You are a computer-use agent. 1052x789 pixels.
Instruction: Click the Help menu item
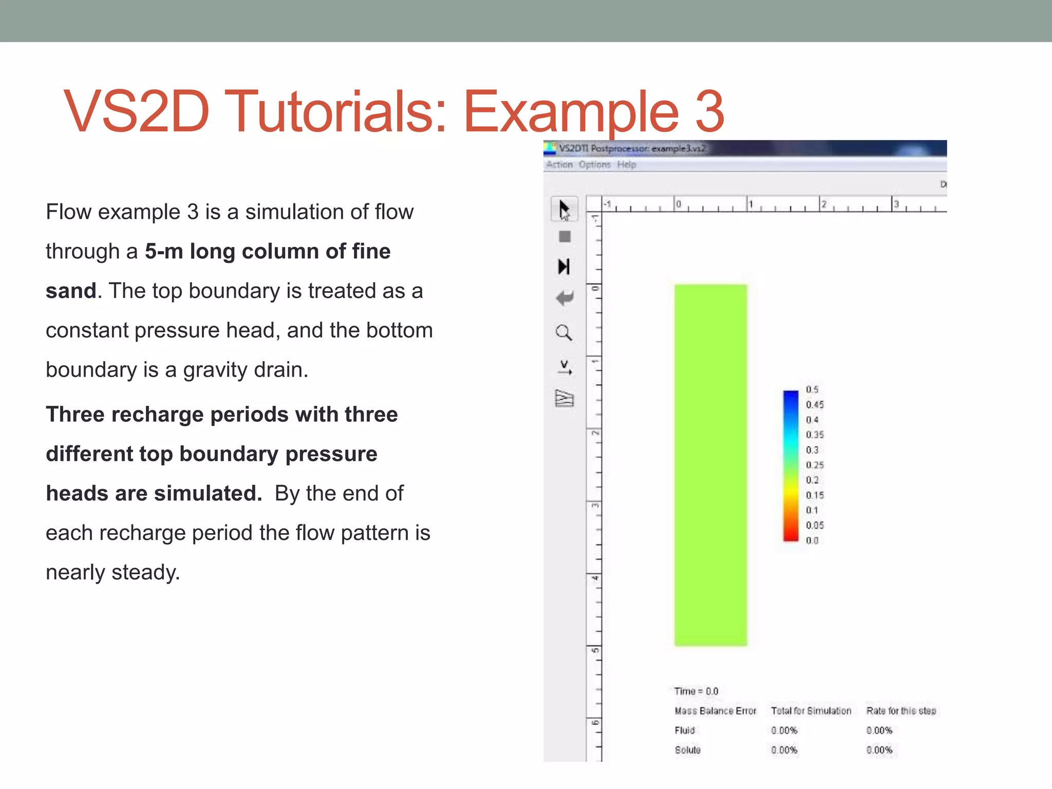pyautogui.click(x=626, y=165)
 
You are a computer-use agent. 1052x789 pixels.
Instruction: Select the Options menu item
pyautogui.click(x=594, y=165)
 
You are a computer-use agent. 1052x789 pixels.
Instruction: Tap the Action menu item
pyautogui.click(x=559, y=165)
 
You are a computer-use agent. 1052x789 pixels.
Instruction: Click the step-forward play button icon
pyautogui.click(x=564, y=267)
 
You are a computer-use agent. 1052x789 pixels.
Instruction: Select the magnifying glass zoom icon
pyautogui.click(x=564, y=333)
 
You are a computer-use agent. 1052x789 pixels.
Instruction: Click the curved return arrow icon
pyautogui.click(x=565, y=298)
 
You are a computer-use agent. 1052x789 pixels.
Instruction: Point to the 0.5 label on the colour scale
pyautogui.click(x=812, y=390)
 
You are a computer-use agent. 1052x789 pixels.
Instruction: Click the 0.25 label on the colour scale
pyautogui.click(x=814, y=465)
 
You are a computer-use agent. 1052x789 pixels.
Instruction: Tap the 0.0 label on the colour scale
pyautogui.click(x=812, y=540)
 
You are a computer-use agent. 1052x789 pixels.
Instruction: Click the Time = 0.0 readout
pyautogui.click(x=696, y=691)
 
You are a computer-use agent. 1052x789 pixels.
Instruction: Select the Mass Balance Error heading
pyautogui.click(x=715, y=711)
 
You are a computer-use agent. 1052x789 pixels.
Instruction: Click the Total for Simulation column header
pyautogui.click(x=811, y=711)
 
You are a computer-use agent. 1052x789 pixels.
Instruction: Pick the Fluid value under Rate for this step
pyautogui.click(x=879, y=730)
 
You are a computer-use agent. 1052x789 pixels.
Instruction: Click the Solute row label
pyautogui.click(x=687, y=750)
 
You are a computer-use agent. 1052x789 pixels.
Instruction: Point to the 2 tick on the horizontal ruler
pyautogui.click(x=823, y=204)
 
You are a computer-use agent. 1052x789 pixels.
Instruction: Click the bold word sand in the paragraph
pyautogui.click(x=71, y=291)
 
